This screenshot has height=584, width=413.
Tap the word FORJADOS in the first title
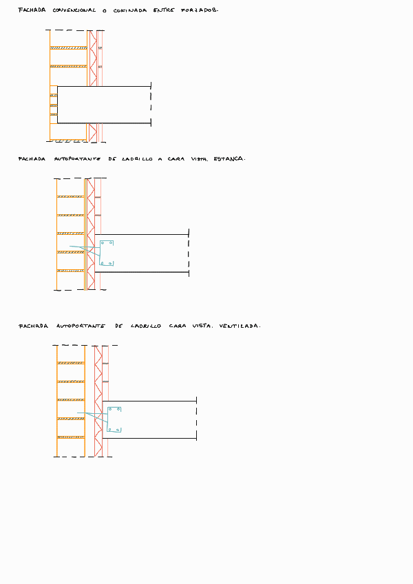click(200, 11)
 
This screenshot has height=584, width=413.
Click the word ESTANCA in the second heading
click(229, 158)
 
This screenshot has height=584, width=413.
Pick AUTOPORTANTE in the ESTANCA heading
click(77, 159)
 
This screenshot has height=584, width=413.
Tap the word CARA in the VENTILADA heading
click(178, 326)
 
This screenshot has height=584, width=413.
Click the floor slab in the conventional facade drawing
click(103, 105)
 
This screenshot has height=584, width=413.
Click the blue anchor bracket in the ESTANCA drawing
click(105, 253)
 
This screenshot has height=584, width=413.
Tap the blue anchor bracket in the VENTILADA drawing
click(113, 419)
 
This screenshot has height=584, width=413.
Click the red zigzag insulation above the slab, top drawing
click(92, 58)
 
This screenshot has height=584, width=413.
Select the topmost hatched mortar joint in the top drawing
click(69, 48)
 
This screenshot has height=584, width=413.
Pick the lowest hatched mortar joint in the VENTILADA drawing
click(70, 437)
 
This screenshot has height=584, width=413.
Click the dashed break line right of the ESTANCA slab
click(189, 253)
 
